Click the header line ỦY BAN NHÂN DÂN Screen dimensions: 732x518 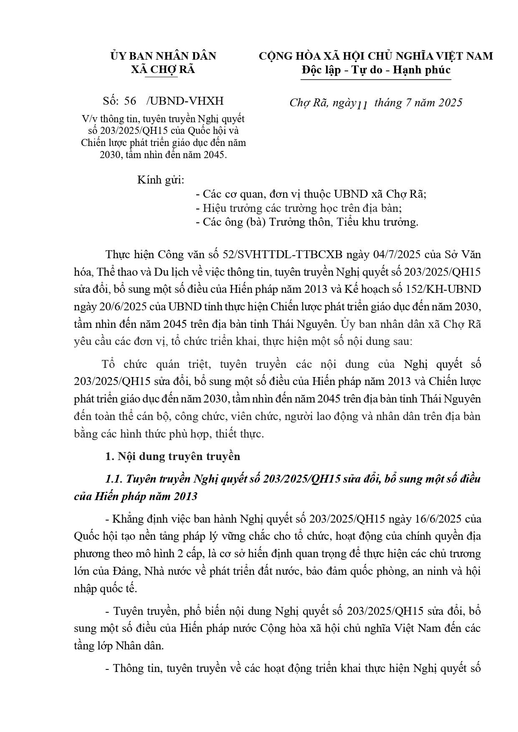(x=163, y=56)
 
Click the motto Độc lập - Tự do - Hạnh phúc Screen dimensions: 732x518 (x=376, y=70)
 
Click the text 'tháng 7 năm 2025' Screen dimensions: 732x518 (x=418, y=103)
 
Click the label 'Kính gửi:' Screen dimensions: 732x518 (x=161, y=181)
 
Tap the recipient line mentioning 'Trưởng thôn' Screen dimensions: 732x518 (x=306, y=222)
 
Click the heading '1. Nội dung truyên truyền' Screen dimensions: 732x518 (x=173, y=456)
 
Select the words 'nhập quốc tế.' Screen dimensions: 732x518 (x=105, y=589)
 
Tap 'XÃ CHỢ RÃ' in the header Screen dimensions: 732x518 (x=163, y=69)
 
